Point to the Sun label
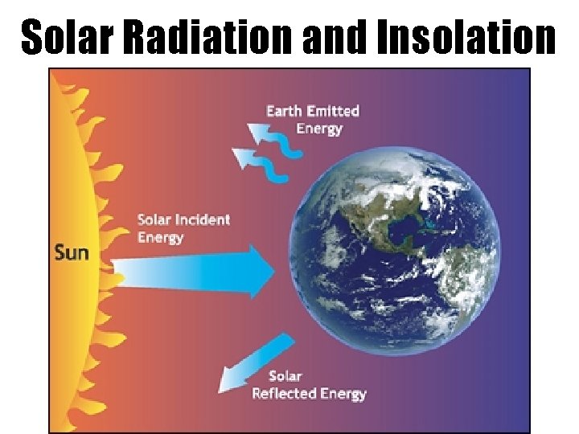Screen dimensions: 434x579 (x=72, y=252)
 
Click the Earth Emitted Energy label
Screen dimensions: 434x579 (x=313, y=119)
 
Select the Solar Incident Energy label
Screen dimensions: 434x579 (x=183, y=228)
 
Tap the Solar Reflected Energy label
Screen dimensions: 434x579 (x=309, y=385)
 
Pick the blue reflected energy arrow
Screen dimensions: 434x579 (x=253, y=364)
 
